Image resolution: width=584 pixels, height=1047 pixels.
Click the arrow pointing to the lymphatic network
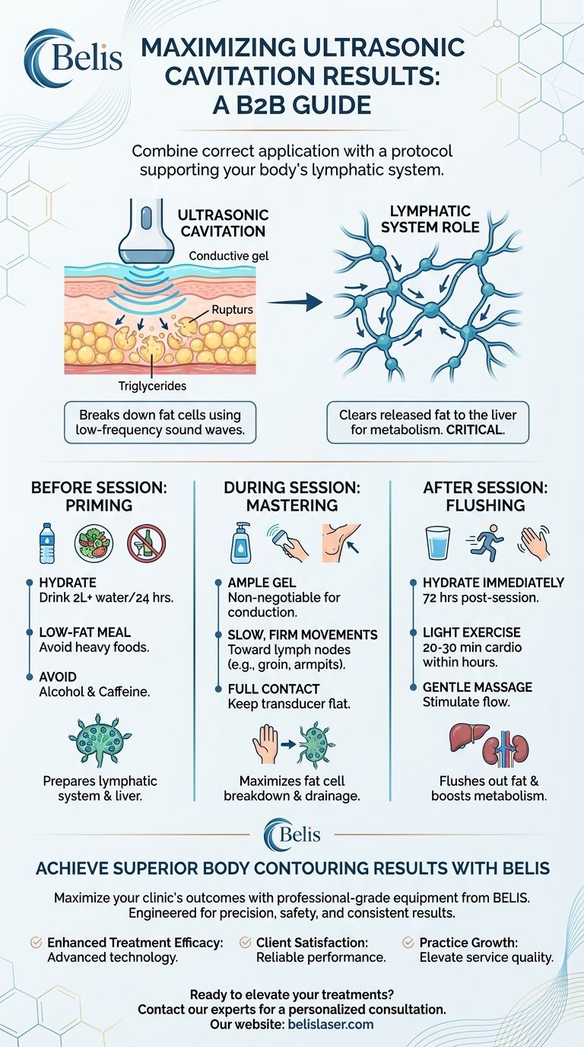point(293,304)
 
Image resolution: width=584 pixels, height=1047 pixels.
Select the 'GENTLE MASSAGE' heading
point(478,687)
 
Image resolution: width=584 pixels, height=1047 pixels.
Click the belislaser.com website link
point(331,1025)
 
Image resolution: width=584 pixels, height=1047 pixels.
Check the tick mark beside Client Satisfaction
point(245,943)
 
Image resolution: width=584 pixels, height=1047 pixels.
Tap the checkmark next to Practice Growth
point(408,943)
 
